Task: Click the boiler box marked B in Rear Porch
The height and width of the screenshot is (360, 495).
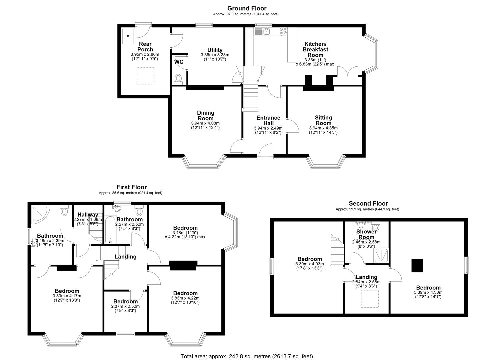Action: pos(128,36)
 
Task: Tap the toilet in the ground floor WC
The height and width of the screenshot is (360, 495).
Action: pos(179,79)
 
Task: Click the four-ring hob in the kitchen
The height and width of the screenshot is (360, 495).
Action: pos(283,31)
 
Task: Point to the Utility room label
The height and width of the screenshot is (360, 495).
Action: pos(215,50)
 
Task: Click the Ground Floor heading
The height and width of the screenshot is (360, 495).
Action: pos(247,8)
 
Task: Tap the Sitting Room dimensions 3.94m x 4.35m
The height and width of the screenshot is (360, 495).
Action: pos(323,128)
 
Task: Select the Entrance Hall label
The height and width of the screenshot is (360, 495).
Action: pos(268,120)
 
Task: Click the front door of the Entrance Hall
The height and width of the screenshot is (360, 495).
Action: pos(265,150)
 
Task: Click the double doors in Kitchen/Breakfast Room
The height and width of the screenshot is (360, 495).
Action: pos(348,72)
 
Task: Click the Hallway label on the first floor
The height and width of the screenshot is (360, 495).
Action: pos(88,215)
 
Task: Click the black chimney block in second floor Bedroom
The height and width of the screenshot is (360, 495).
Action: pos(417,266)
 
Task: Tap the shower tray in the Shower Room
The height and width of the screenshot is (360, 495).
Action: pos(381,255)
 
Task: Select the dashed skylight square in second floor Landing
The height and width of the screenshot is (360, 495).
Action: pos(370,298)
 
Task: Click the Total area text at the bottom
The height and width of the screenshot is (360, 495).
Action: pos(247,356)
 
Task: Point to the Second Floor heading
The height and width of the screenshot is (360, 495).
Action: pos(368,203)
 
